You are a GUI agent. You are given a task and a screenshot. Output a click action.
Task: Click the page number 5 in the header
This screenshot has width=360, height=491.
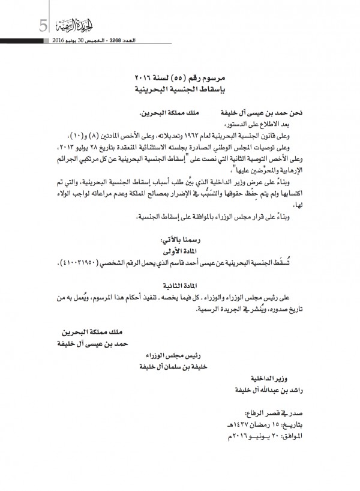coord(43,26)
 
